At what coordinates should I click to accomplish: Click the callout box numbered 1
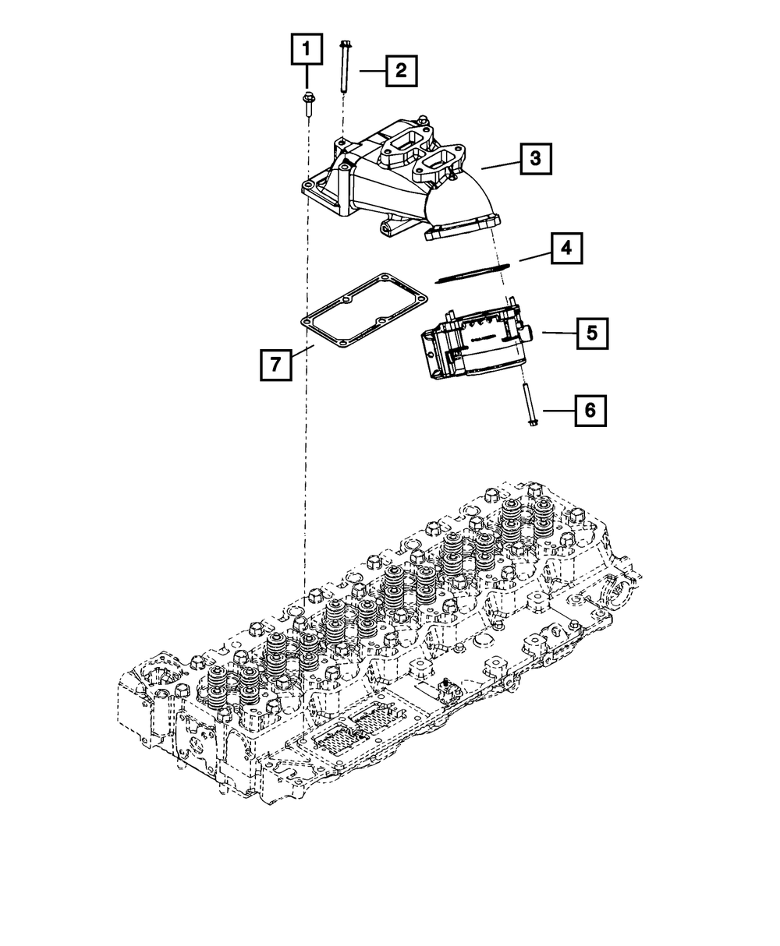tap(306, 51)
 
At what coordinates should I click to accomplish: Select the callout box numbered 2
tap(400, 71)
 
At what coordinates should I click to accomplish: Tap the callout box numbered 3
tap(534, 159)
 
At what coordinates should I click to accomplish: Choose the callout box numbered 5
tap(592, 334)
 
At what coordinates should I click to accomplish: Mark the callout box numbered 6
tap(590, 410)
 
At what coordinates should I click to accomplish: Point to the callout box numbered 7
tap(275, 364)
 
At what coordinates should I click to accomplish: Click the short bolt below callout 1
tap(306, 104)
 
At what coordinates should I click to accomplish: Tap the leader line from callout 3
tap(500, 164)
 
